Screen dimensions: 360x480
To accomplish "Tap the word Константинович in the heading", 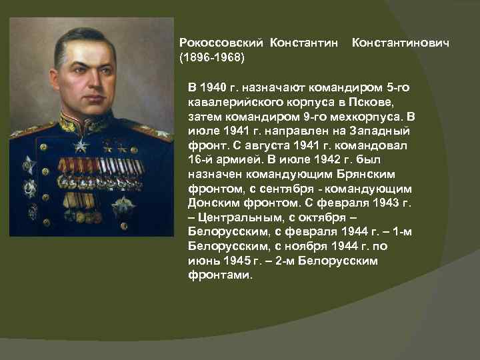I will click(x=400, y=43).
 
